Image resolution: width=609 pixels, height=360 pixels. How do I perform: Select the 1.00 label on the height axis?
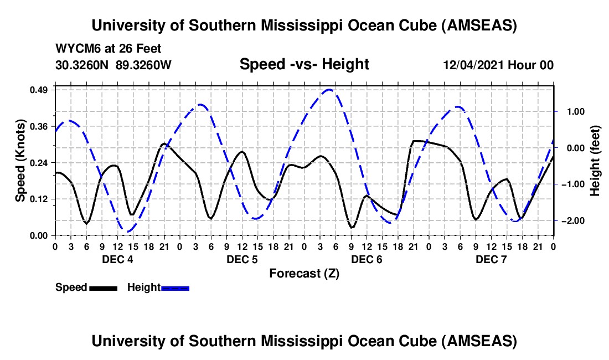point(574,111)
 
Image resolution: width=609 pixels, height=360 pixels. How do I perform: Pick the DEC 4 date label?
point(117,260)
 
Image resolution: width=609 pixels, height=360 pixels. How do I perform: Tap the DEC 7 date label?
point(491,260)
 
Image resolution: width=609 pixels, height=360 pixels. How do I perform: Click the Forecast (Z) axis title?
point(304,274)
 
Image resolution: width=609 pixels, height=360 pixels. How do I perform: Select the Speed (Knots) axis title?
point(20,160)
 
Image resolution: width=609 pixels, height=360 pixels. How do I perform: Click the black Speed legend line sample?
point(103,288)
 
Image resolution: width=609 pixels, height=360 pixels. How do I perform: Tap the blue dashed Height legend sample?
point(176,288)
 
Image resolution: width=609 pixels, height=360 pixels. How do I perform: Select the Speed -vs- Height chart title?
point(304,64)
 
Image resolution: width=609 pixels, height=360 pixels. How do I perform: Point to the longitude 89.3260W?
point(144,65)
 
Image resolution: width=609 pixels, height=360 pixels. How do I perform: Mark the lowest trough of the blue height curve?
point(128,232)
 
